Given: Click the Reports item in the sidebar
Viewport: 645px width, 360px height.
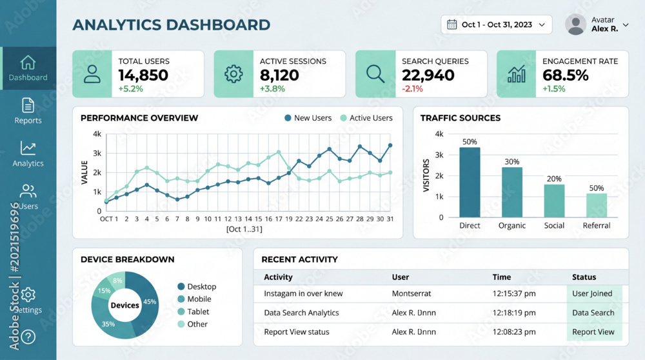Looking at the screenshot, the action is pyautogui.click(x=28, y=111).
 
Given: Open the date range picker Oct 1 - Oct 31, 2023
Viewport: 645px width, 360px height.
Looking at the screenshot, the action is pyautogui.click(x=497, y=25).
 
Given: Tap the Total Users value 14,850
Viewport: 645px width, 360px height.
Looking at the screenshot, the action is pyautogui.click(x=143, y=75).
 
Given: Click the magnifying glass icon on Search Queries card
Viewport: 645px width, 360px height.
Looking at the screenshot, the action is pyautogui.click(x=375, y=74).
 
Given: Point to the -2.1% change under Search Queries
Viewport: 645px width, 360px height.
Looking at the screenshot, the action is pyautogui.click(x=412, y=89).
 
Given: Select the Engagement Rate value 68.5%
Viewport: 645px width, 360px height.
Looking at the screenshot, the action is pyautogui.click(x=565, y=75).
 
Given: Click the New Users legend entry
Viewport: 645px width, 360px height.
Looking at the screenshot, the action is pyautogui.click(x=308, y=118).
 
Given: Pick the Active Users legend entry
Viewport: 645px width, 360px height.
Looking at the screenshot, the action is pyautogui.click(x=366, y=118).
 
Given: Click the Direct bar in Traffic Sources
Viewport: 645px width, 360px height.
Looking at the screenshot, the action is pyautogui.click(x=470, y=183).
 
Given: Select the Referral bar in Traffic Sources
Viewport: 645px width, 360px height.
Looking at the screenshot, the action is pyautogui.click(x=597, y=205).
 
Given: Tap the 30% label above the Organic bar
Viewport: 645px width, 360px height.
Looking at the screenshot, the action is pyautogui.click(x=511, y=162).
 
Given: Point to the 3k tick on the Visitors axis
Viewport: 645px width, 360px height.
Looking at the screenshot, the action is pyautogui.click(x=439, y=155).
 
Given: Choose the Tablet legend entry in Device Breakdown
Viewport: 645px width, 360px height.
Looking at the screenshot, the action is pyautogui.click(x=193, y=312).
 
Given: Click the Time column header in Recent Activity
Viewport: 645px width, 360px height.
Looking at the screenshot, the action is pyautogui.click(x=501, y=277).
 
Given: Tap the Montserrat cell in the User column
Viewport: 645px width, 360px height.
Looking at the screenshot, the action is pyautogui.click(x=412, y=294).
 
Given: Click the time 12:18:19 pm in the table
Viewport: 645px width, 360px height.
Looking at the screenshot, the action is pyautogui.click(x=514, y=313).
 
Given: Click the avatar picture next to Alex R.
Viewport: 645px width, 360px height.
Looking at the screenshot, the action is pyautogui.click(x=575, y=25).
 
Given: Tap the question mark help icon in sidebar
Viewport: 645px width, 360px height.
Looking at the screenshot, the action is pyautogui.click(x=28, y=337).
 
